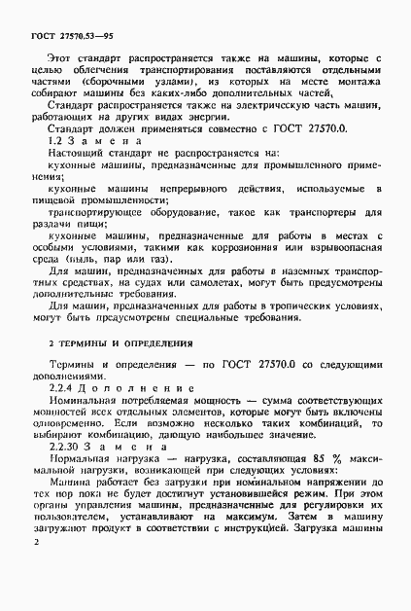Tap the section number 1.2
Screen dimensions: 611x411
[x=57, y=140]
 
